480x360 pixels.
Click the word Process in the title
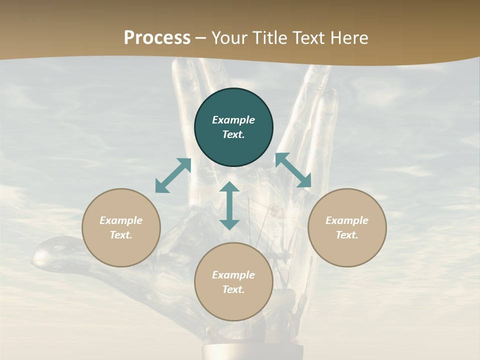(x=157, y=38)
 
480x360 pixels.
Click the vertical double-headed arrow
(x=229, y=205)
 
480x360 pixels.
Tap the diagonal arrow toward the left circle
(x=173, y=175)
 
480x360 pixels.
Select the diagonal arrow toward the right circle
(x=293, y=170)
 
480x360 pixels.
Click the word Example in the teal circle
(x=233, y=120)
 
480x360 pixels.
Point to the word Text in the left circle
(x=120, y=235)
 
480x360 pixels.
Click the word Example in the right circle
(x=347, y=220)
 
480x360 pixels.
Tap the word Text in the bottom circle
(x=233, y=289)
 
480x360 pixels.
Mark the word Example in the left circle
(x=121, y=220)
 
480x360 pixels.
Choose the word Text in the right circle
(x=346, y=235)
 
